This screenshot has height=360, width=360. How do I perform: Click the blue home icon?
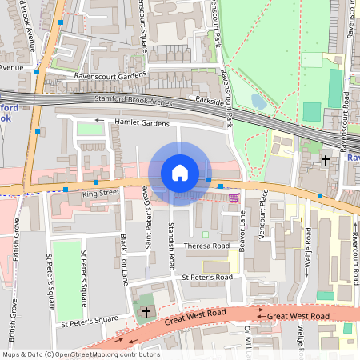179,173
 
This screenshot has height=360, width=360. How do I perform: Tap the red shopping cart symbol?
234,197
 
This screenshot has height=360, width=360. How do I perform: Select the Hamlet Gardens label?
142,124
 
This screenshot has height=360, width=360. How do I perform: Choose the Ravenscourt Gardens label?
111,74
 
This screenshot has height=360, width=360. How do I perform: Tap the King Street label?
100,194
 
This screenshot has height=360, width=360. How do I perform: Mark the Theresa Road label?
206,246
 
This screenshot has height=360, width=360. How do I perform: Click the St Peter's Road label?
206,277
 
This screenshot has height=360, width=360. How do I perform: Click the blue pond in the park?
258,102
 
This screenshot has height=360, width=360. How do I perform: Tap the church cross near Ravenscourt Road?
325,160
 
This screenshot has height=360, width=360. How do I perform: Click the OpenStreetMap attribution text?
80,354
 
